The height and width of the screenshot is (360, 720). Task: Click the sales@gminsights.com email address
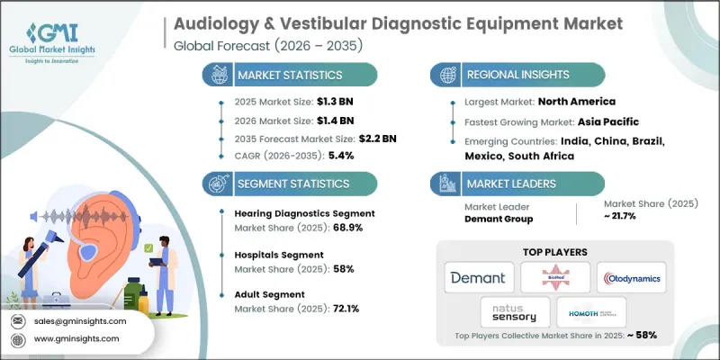82,320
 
